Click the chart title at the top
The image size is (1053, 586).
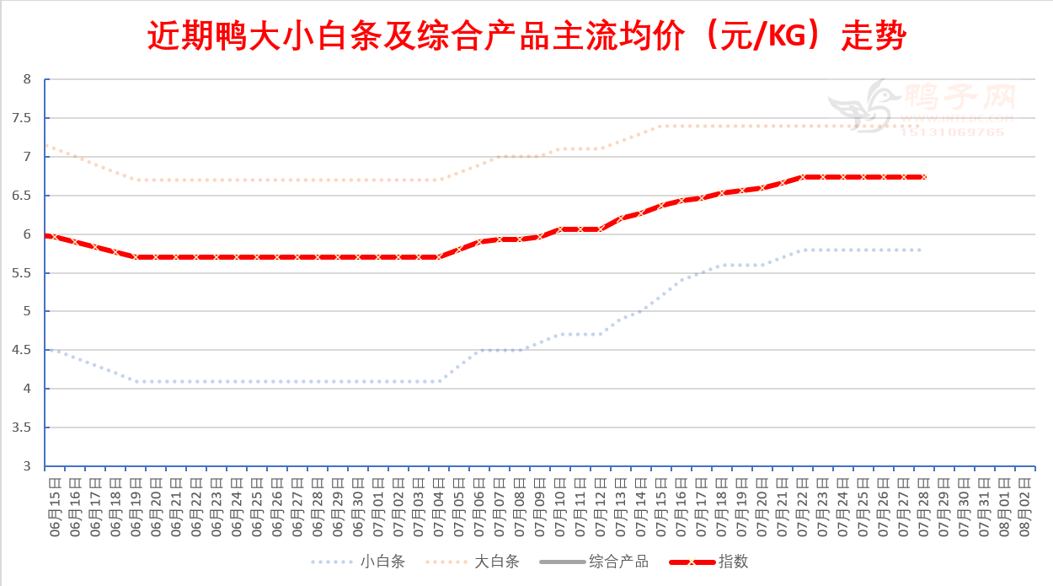pyautogui.click(x=526, y=36)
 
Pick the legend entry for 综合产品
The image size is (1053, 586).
pyautogui.click(x=618, y=562)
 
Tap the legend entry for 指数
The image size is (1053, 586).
pyautogui.click(x=733, y=562)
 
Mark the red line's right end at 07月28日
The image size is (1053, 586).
pyautogui.click(x=924, y=177)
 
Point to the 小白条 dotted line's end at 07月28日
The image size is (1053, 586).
pyautogui.click(x=921, y=250)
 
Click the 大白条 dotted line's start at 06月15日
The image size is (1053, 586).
pyautogui.click(x=47, y=145)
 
